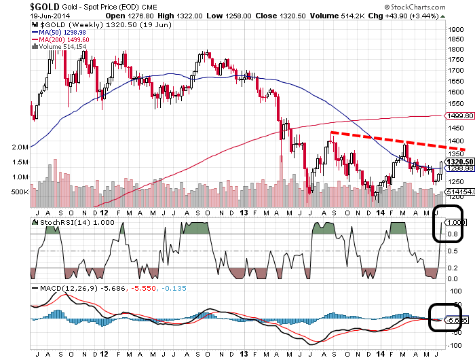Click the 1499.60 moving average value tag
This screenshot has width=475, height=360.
pos(456,117)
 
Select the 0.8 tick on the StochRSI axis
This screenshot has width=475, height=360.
pos(451,235)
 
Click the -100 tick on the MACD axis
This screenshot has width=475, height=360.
pos(453,346)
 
